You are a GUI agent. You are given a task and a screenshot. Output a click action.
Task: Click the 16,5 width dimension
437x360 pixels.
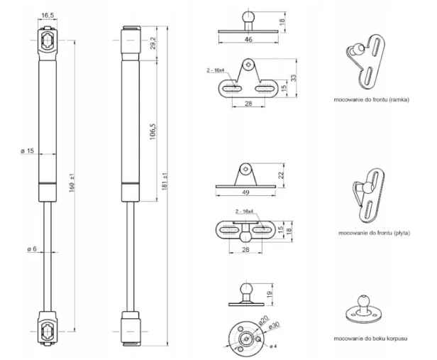click(48, 16)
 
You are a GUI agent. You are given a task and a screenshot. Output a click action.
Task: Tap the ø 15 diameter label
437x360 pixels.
click(27, 151)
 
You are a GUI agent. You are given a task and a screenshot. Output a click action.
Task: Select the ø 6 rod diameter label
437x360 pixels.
click(32, 249)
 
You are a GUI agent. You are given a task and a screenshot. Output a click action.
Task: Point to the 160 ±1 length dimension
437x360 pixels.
click(72, 182)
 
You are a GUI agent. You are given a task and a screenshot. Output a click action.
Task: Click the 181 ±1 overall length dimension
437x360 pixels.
click(165, 181)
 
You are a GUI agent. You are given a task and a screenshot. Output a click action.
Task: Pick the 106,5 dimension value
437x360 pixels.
click(153, 131)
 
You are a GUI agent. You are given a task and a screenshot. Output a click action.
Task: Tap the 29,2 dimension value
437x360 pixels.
click(153, 43)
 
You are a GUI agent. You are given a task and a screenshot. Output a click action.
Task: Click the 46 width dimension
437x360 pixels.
click(248, 39)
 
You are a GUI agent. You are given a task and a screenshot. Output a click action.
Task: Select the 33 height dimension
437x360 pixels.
click(294, 78)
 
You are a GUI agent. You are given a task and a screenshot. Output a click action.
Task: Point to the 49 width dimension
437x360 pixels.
click(245, 192)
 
